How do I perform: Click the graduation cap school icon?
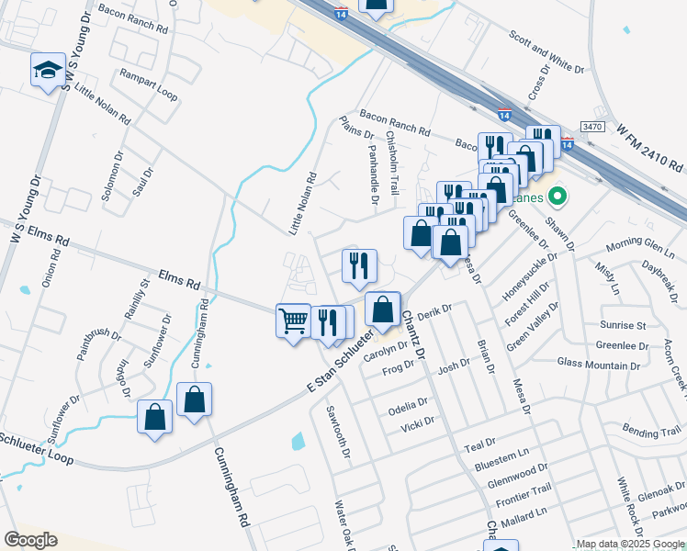click(46, 71)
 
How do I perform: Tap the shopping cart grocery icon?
click(293, 320)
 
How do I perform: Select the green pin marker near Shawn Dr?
click(556, 197)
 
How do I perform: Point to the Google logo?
click(30, 540)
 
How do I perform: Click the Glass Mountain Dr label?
click(599, 364)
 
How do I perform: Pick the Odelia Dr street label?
click(409, 403)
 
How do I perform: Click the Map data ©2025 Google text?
click(630, 545)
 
